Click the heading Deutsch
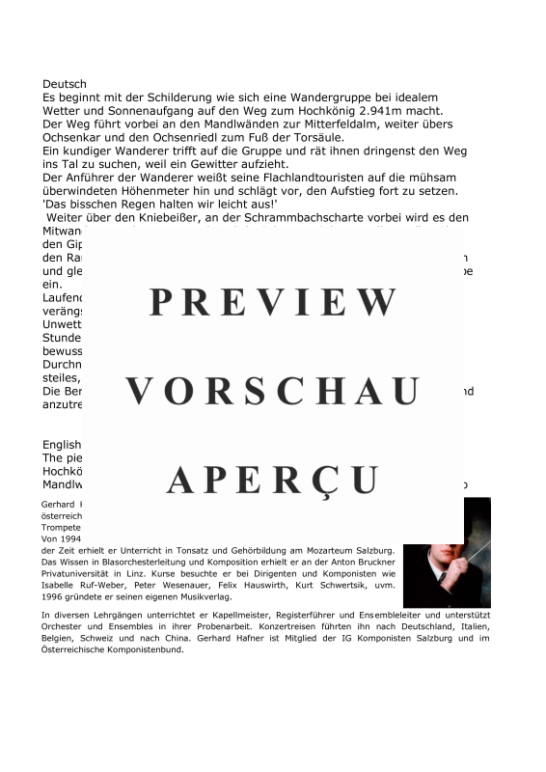tap(65, 85)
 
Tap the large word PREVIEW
tap(273, 303)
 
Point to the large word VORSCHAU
tap(273, 392)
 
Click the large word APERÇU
tap(273, 480)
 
